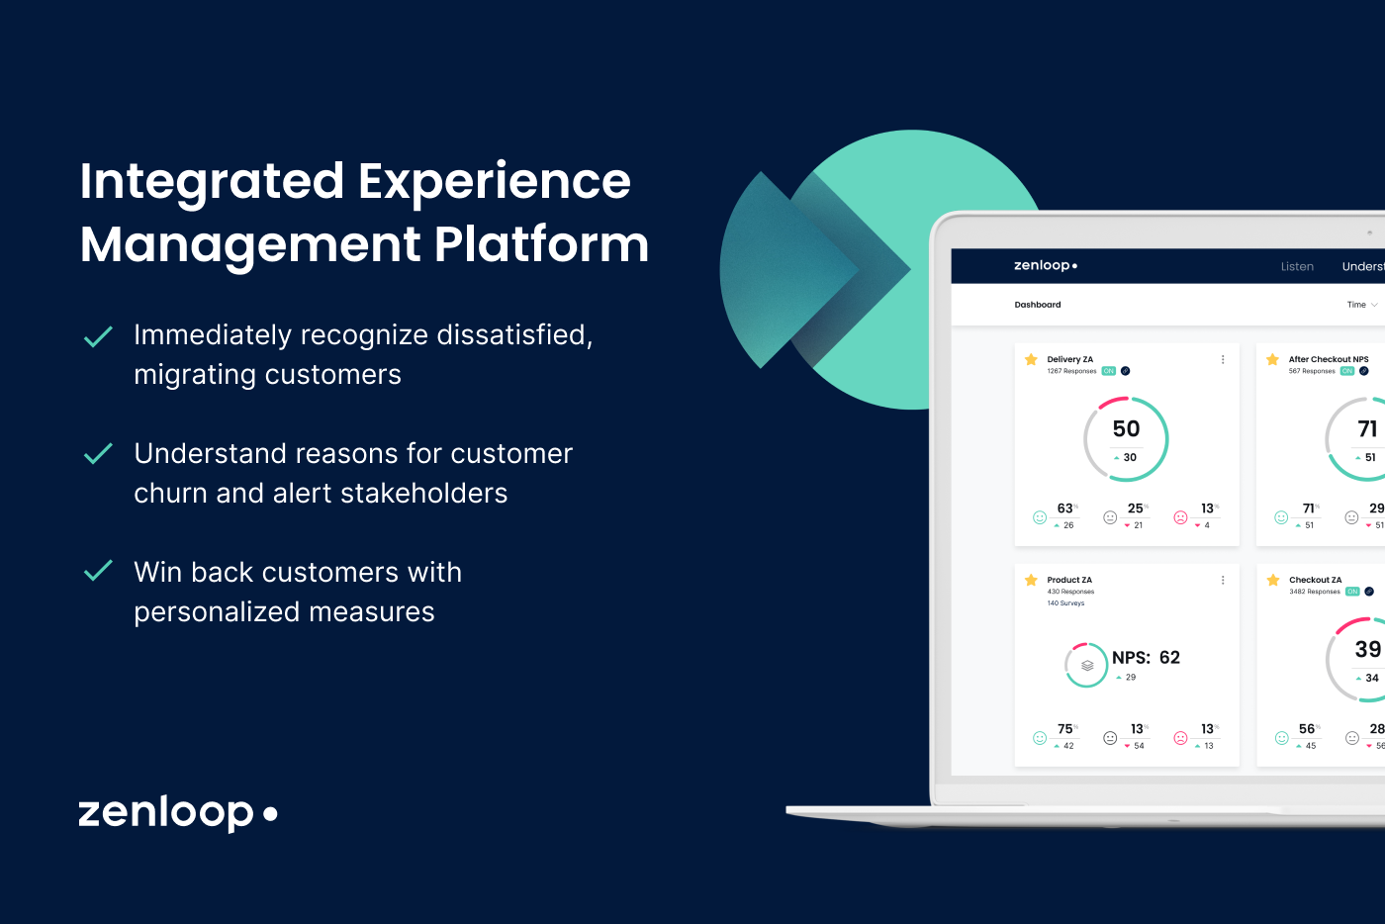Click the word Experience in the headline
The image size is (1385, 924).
(x=494, y=182)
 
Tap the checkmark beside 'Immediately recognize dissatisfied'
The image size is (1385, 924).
(x=98, y=337)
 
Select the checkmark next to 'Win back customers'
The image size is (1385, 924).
(x=98, y=571)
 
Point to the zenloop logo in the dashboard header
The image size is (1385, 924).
(x=1045, y=265)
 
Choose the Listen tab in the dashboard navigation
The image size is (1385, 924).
(x=1297, y=266)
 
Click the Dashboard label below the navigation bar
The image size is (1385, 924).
(x=1037, y=305)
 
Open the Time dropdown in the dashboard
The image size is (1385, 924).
(x=1361, y=305)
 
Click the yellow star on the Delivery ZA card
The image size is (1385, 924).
(x=1031, y=360)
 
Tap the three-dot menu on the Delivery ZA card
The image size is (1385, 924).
(x=1223, y=360)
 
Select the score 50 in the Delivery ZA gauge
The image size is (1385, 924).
(x=1126, y=428)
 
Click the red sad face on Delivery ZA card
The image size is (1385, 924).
(x=1180, y=517)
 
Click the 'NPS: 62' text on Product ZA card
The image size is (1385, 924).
(x=1146, y=658)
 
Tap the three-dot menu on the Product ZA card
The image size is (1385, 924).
(x=1223, y=581)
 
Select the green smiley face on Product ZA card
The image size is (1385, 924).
(x=1040, y=738)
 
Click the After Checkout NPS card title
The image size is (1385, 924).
(x=1328, y=359)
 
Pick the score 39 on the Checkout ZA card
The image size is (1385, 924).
(x=1367, y=649)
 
